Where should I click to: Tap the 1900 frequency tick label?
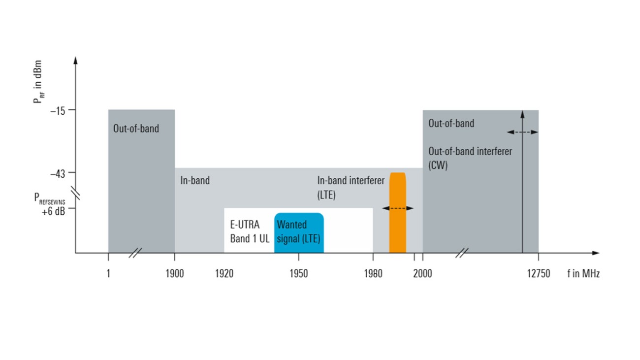(174, 273)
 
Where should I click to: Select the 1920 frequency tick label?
(224, 273)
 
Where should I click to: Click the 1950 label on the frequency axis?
(299, 273)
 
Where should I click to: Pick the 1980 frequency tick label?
(373, 273)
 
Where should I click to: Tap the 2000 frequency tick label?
(423, 273)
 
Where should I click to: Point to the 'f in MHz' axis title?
(583, 273)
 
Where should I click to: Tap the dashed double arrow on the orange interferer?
(398, 208)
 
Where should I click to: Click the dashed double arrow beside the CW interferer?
(522, 132)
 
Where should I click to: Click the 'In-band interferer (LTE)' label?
(351, 187)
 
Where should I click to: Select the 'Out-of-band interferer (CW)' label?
(470, 158)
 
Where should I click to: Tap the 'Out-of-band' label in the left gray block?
(136, 128)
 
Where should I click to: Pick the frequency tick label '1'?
(108, 273)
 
